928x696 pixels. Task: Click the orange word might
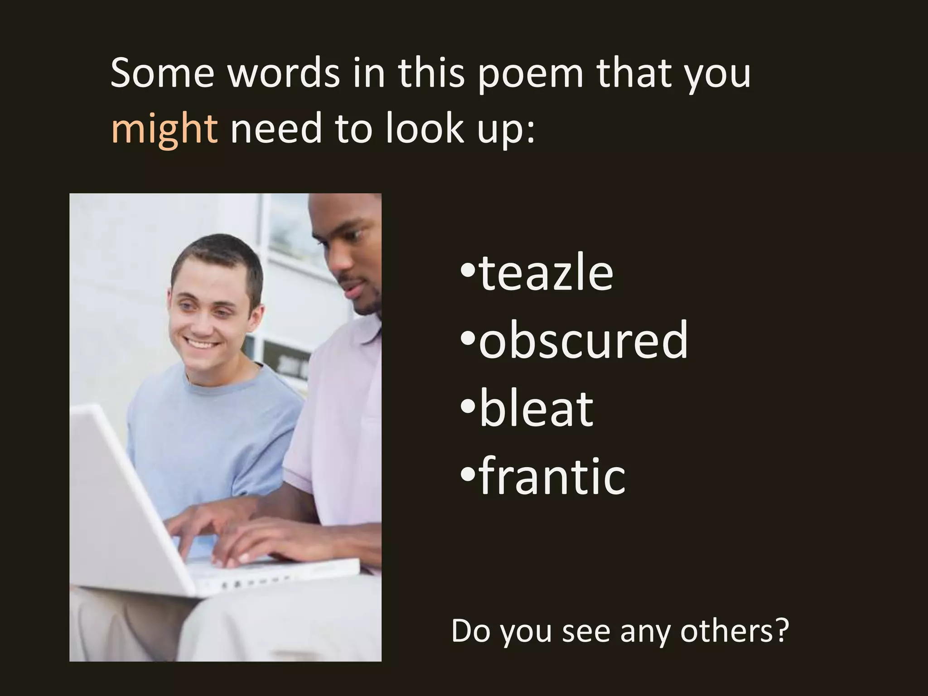164,129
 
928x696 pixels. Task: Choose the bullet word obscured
583,340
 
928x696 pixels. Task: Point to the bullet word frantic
552,476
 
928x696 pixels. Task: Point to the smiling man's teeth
201,344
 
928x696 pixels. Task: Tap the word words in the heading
283,73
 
